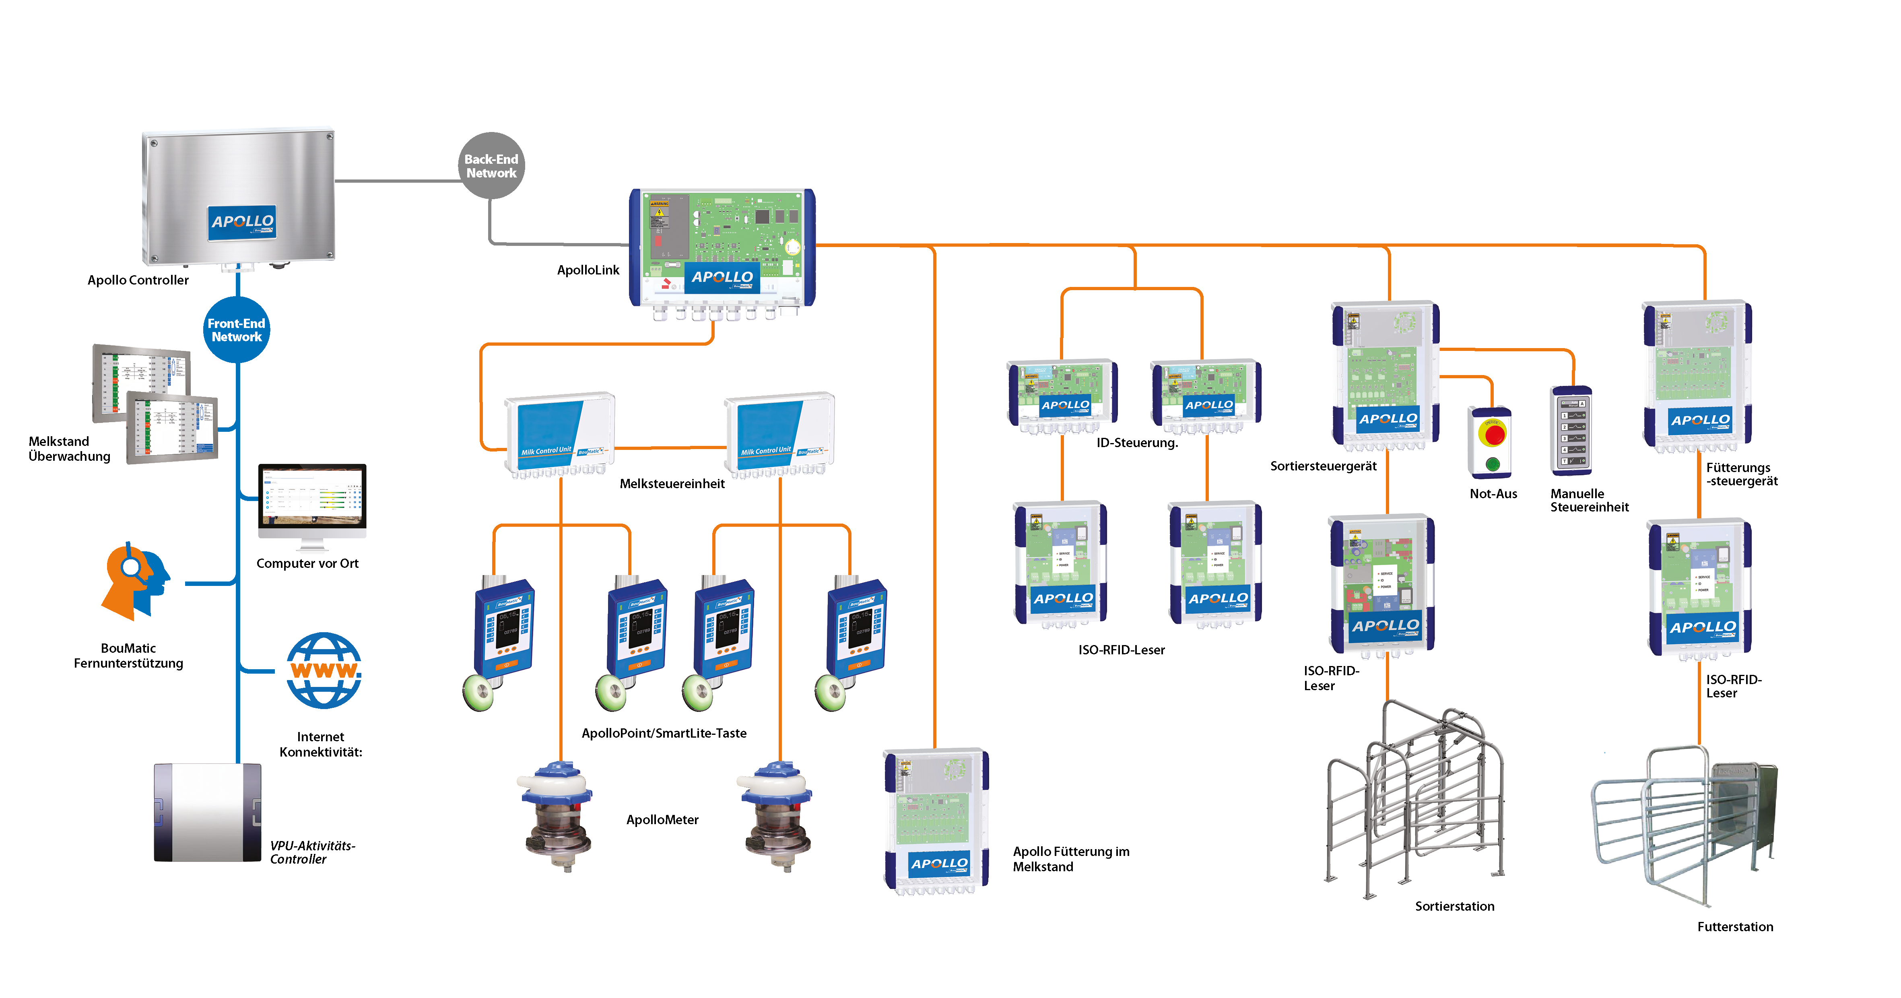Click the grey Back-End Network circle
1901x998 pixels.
[x=491, y=165]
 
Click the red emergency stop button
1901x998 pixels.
[x=1495, y=434]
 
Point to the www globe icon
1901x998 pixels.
[x=324, y=670]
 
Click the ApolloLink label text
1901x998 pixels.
[x=588, y=270]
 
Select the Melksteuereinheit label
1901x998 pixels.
[x=672, y=483]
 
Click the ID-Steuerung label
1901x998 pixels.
[x=1136, y=443]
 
